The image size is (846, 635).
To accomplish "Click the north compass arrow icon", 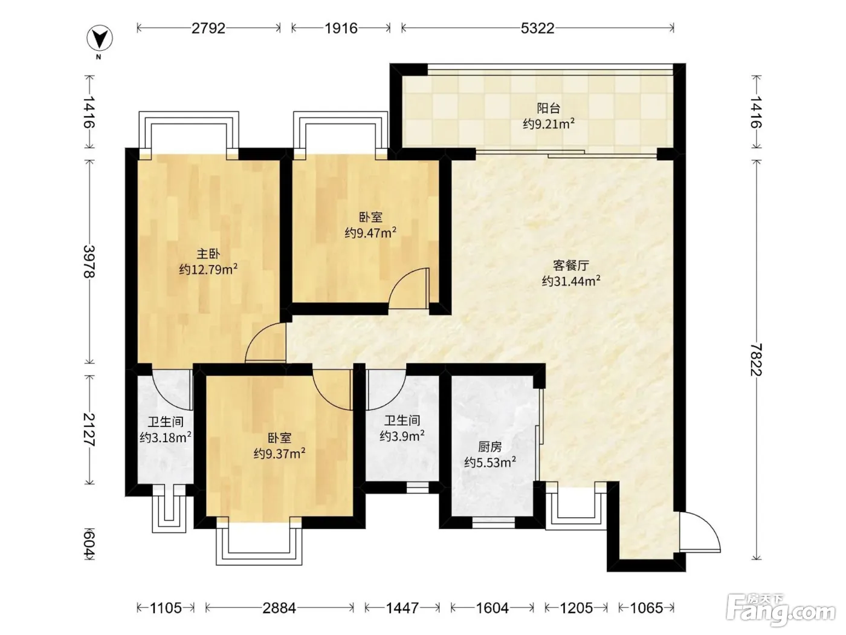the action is pyautogui.click(x=100, y=39).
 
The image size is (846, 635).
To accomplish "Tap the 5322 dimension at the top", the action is pyautogui.click(x=537, y=28).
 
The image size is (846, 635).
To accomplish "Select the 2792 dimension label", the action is pyautogui.click(x=208, y=28).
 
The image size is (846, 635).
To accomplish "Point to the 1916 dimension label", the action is pyautogui.click(x=341, y=28).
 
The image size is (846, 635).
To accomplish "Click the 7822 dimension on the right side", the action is pyautogui.click(x=756, y=359).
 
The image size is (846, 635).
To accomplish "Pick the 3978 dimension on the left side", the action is pyautogui.click(x=89, y=261).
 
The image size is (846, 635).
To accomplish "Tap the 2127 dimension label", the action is pyautogui.click(x=89, y=429).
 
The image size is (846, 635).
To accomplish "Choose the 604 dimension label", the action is pyautogui.click(x=89, y=545).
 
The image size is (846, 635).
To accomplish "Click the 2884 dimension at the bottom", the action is pyautogui.click(x=279, y=608).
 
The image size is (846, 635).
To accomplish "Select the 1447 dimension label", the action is pyautogui.click(x=402, y=608).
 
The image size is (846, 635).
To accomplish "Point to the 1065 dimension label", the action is pyautogui.click(x=647, y=608).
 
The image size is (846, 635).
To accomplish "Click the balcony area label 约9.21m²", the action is pyautogui.click(x=549, y=124).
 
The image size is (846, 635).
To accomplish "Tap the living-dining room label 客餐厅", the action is pyautogui.click(x=571, y=265).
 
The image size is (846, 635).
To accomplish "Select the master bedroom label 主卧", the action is pyautogui.click(x=208, y=253).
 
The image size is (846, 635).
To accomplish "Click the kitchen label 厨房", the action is pyautogui.click(x=490, y=447).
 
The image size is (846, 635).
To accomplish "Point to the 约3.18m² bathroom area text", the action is pyautogui.click(x=166, y=438).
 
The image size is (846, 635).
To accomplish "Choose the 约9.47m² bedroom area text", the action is pyautogui.click(x=371, y=233).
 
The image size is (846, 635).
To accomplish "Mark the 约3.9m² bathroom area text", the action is pyautogui.click(x=402, y=436).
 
